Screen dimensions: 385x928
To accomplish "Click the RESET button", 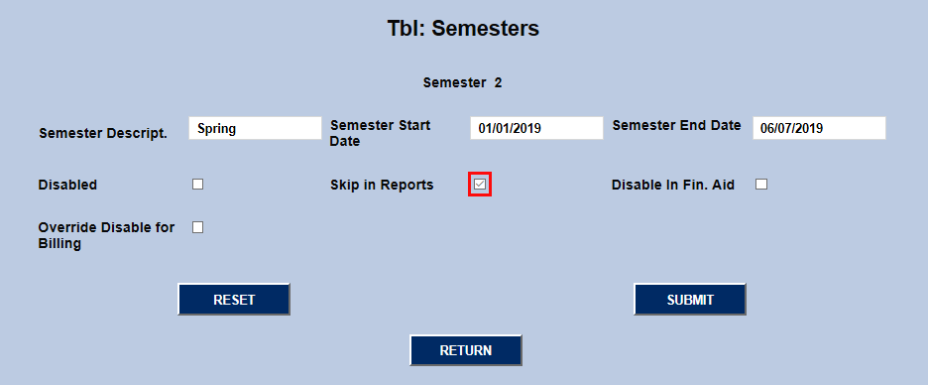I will coord(234,300).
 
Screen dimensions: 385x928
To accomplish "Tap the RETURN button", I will coord(466,350).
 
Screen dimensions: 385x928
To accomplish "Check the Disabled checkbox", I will coord(198,184).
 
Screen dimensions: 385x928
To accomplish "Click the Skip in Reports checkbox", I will coord(480,185).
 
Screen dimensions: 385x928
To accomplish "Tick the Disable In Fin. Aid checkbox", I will coord(761,184).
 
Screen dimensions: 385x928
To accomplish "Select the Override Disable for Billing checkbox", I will coord(198,227).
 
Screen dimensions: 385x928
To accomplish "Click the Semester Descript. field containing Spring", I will coord(255,128).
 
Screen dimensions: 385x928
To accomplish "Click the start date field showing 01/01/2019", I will coord(536,128).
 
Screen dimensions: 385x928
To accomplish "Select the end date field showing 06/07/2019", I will coord(819,128).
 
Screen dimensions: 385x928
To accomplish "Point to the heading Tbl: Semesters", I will coord(463,29).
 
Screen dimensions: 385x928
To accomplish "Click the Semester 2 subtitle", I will coord(462,82).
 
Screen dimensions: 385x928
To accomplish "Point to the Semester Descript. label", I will coord(102,133).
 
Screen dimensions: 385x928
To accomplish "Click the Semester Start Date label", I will coord(380,133).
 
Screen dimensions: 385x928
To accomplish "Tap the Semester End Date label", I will coord(676,125).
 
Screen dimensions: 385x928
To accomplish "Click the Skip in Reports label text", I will coord(382,185).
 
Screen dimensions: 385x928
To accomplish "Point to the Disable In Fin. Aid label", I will coord(672,185).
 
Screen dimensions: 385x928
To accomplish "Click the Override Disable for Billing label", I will coord(106,235).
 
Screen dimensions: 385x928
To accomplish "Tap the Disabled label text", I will coord(67,185).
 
